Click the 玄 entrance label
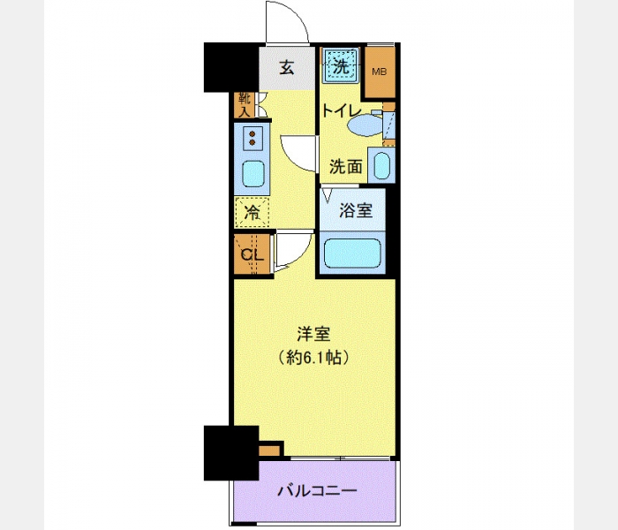287,68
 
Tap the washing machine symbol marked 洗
341,65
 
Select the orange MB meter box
380,72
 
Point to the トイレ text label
342,110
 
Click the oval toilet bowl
366,125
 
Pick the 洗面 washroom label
346,166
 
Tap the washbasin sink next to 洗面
381,166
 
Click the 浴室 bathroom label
356,210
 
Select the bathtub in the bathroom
352,253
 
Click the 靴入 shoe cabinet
244,105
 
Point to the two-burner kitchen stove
252,138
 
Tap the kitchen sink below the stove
253,174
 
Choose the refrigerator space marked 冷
252,213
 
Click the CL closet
252,254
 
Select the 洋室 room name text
313,335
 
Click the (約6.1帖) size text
313,357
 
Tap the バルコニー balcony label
317,491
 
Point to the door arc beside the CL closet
302,256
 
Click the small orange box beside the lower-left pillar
269,450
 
